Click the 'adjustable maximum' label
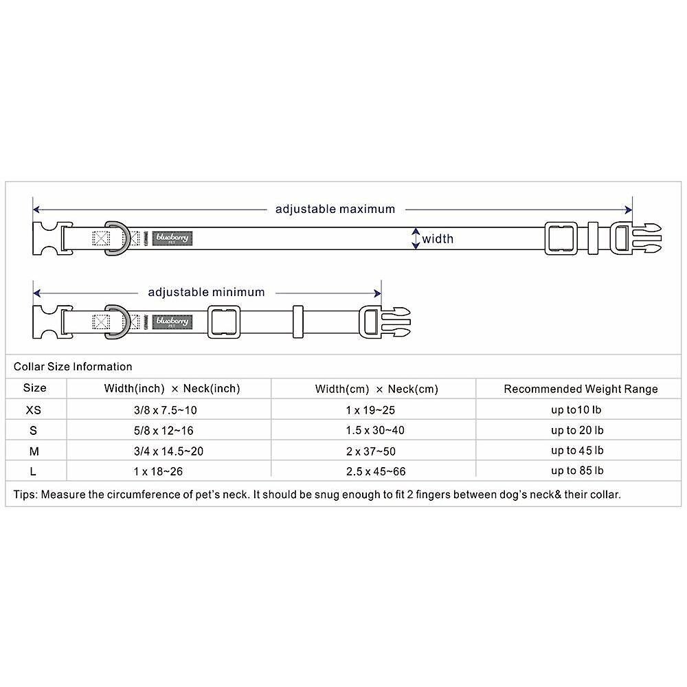[335, 209]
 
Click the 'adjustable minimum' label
[206, 292]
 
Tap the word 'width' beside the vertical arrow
[438, 239]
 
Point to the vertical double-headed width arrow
[415, 238]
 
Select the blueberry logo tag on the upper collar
[171, 238]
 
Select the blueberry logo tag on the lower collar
[171, 321]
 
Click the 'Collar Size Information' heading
[73, 366]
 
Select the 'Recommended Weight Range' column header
[581, 389]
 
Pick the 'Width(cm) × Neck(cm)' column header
[376, 389]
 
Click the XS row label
[34, 410]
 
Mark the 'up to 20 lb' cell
[577, 431]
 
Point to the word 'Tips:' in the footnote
[25, 494]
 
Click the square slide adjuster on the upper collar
[560, 238]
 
